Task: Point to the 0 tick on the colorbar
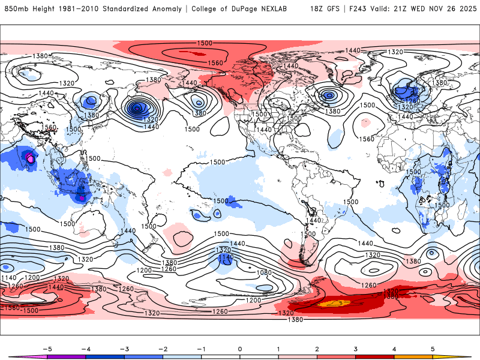(x=240, y=348)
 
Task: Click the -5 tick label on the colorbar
(x=45, y=348)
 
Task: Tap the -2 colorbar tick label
(x=162, y=348)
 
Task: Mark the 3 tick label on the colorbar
(x=356, y=348)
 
